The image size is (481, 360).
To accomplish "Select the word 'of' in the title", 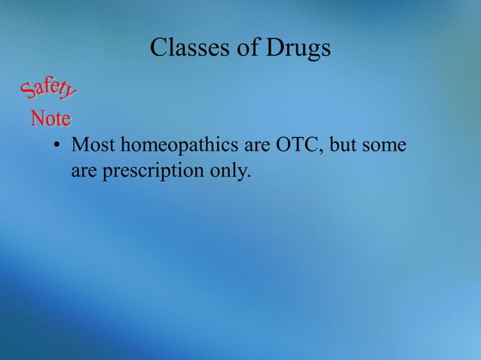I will point(249,48).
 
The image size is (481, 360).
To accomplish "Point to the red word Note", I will point(51,119).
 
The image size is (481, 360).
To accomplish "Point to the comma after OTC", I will point(323,150).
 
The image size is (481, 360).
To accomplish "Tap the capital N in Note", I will point(36,118).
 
